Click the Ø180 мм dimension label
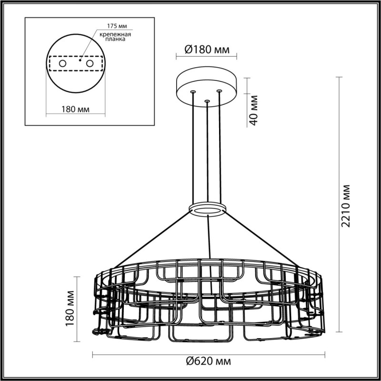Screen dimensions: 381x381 (x=207, y=50)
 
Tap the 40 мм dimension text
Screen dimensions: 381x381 (x=253, y=110)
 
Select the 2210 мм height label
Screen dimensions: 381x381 (x=346, y=206)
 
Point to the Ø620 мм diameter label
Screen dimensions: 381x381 (x=209, y=362)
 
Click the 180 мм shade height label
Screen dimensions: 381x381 (x=70, y=309)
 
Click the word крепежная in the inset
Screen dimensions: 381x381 (x=115, y=34)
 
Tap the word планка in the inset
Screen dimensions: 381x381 (x=115, y=39)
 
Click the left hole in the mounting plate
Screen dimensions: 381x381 (x=62, y=64)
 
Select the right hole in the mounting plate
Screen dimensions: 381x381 (x=90, y=64)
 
